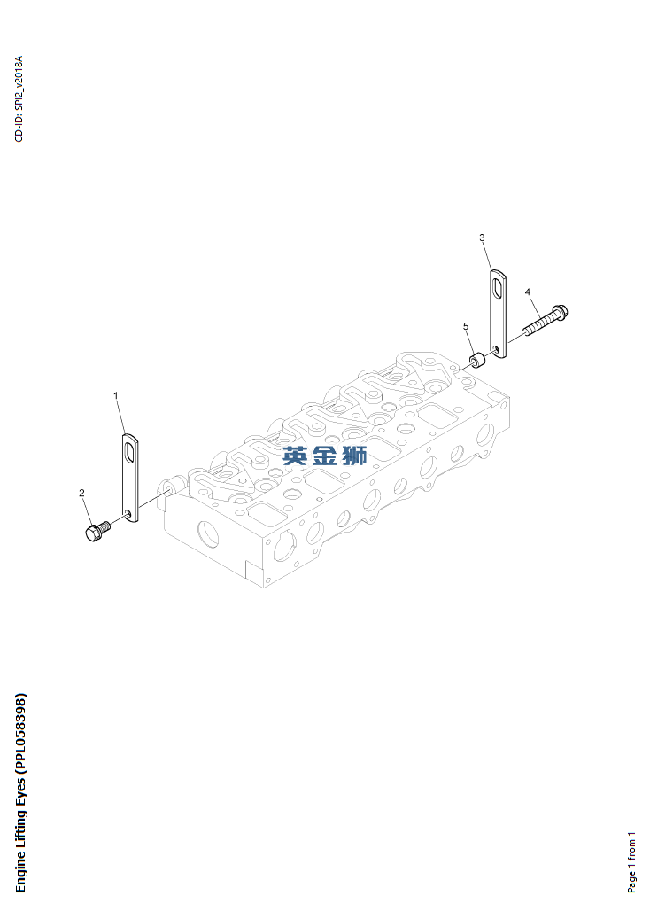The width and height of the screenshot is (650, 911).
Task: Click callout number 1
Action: tap(115, 395)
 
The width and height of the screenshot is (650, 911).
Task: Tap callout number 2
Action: tap(81, 494)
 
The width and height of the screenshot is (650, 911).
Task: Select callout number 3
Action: tap(482, 237)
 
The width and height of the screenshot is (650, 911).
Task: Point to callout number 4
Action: tap(527, 292)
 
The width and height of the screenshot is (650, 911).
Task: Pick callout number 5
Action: tap(466, 326)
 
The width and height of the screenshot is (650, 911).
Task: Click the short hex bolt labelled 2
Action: tap(97, 532)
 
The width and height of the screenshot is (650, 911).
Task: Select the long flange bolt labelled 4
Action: tap(546, 320)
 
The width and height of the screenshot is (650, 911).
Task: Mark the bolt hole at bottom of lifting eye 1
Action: tap(128, 513)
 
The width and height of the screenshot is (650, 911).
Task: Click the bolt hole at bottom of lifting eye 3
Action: tap(496, 350)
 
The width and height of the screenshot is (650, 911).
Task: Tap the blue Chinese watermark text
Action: tap(325, 455)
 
